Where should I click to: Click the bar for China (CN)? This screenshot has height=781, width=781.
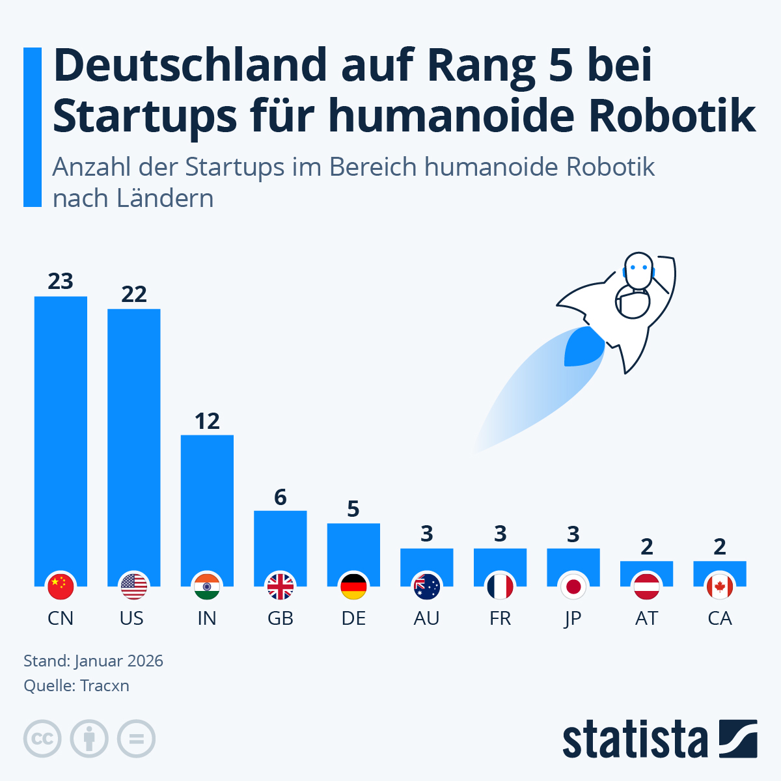click(x=61, y=436)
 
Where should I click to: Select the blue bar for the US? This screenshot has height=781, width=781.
click(x=134, y=443)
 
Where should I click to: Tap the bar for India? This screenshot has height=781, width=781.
click(x=207, y=504)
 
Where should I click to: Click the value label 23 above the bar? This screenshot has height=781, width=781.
click(x=61, y=281)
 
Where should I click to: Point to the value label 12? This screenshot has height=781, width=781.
click(x=207, y=421)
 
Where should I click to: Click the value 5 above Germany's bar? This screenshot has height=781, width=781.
click(x=353, y=509)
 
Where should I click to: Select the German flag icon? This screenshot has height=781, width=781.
click(x=353, y=587)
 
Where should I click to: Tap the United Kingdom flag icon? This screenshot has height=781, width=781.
click(x=281, y=587)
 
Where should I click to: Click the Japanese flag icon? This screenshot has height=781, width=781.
click(x=573, y=587)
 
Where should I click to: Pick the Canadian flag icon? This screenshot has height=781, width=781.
click(x=720, y=587)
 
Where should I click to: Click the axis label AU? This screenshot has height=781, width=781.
click(x=427, y=618)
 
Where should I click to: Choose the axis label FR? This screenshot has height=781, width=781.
click(x=500, y=618)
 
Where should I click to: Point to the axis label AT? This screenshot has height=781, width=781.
click(x=646, y=618)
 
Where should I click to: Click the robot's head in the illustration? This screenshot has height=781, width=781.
click(x=638, y=269)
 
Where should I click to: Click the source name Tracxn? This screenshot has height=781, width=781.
click(x=104, y=686)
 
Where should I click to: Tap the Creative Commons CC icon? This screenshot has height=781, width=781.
click(x=42, y=739)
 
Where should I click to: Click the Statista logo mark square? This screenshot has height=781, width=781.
click(x=738, y=739)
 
